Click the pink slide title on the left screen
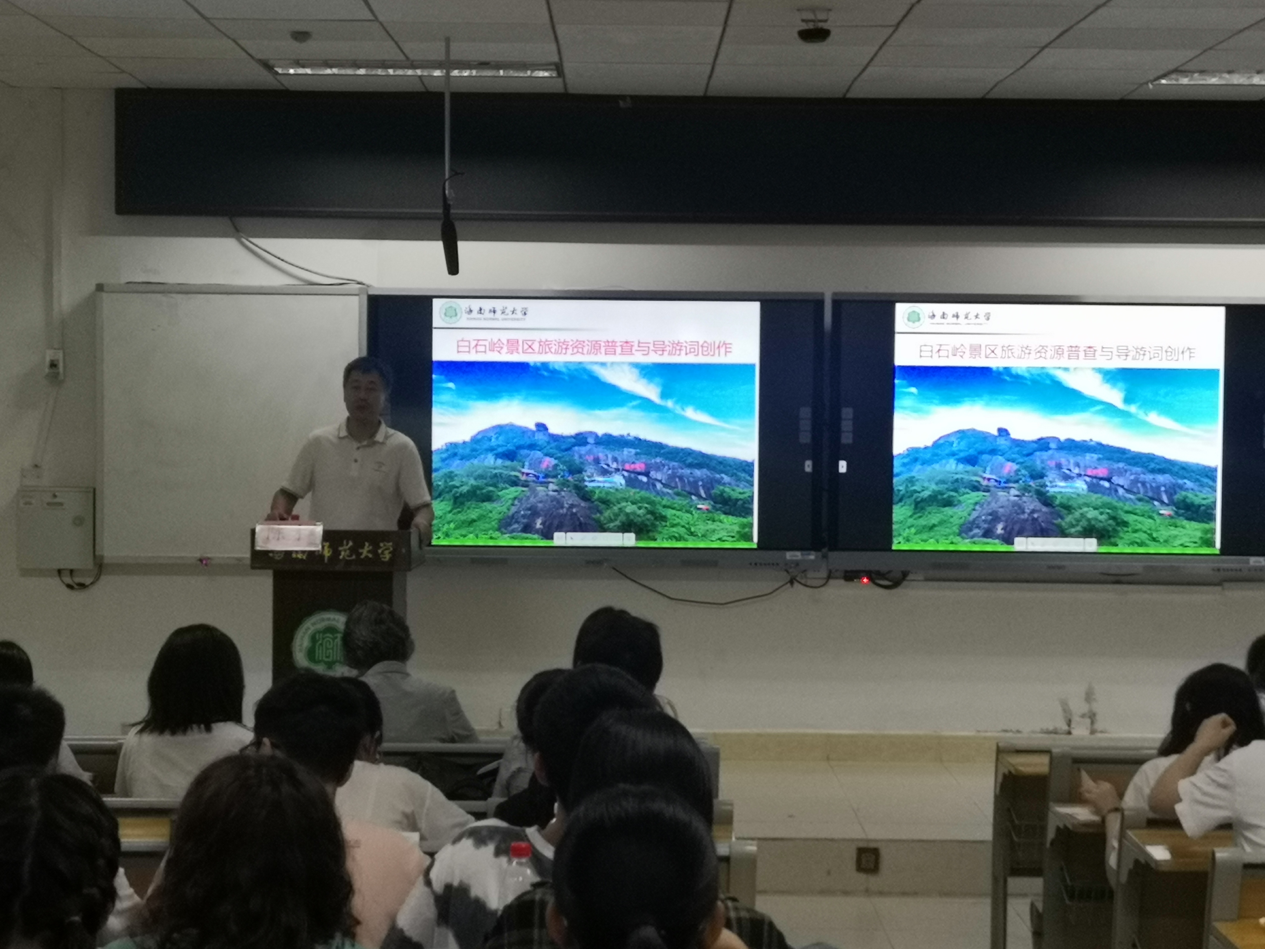594,347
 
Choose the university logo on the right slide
913,316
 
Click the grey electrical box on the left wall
56,527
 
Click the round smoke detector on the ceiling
300,35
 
